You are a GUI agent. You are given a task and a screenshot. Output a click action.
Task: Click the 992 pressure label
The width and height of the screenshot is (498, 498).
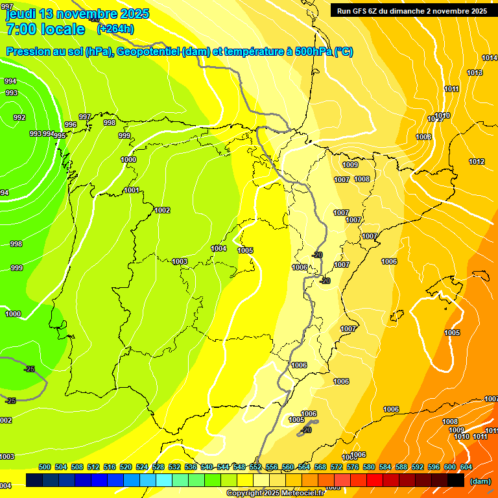pyautogui.click(x=19, y=117)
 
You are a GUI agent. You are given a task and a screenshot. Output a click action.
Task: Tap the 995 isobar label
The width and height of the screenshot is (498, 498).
pyautogui.click(x=60, y=136)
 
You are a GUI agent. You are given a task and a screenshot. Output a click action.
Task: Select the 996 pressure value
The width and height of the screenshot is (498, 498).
pyautogui.click(x=71, y=124)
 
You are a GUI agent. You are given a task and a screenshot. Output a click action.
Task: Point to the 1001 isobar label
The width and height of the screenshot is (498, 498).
pyautogui.click(x=132, y=190)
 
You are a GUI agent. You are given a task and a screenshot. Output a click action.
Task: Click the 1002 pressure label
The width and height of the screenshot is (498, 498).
pyautogui.click(x=162, y=210)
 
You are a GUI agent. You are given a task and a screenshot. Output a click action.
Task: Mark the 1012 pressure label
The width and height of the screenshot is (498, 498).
pyautogui.click(x=477, y=161)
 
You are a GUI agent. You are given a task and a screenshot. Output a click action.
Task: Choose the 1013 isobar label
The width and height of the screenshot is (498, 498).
pyautogui.click(x=475, y=73)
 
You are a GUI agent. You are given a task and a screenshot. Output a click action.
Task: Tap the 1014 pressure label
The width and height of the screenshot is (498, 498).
pyautogui.click(x=490, y=58)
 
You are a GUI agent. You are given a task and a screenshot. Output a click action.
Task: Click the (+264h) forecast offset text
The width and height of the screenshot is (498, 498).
pyautogui.click(x=115, y=29)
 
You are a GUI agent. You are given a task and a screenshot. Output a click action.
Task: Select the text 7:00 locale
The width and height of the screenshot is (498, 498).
pyautogui.click(x=45, y=29)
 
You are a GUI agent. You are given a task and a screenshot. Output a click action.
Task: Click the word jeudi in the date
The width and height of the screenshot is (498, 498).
pyautogui.click(x=21, y=14)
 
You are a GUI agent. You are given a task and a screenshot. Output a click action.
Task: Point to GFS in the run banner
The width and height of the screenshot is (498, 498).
pyautogui.click(x=361, y=11)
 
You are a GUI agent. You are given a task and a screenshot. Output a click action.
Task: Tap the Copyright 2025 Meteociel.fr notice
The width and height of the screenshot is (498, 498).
pyautogui.click(x=275, y=493)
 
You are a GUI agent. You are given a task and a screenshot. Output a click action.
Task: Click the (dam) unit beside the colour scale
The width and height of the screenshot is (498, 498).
pyautogui.click(x=480, y=481)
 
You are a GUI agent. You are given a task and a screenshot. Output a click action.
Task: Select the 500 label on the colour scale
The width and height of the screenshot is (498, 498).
pyautogui.click(x=45, y=467)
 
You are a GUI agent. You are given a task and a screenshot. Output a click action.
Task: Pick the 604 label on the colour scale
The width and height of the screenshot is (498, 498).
pyautogui.click(x=466, y=467)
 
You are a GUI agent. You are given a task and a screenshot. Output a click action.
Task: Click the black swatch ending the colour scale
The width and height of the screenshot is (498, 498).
pyautogui.click(x=456, y=480)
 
